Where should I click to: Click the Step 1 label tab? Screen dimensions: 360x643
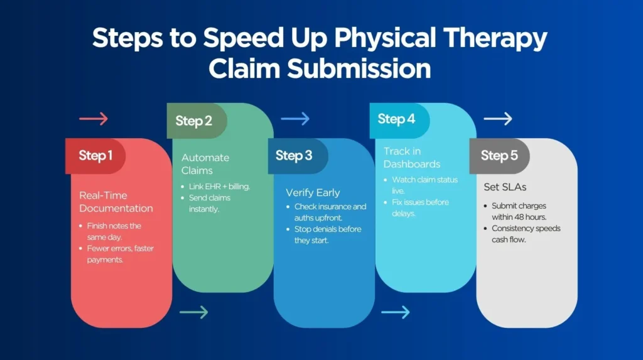coord(95,156)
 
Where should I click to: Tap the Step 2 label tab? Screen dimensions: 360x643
coord(194,121)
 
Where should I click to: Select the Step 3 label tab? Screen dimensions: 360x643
coord(294,156)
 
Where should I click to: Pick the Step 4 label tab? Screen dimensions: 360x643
coord(396,119)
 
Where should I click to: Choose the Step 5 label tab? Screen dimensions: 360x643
coord(499,156)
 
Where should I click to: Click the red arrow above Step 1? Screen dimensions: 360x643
coord(94,119)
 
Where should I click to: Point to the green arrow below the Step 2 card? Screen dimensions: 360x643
coord(193,312)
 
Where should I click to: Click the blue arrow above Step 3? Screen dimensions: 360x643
coord(295,119)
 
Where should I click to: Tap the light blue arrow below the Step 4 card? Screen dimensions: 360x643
coord(395,312)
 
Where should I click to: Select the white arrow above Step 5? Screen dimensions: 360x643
coord(498,119)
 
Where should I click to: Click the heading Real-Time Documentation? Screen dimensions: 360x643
coord(116,202)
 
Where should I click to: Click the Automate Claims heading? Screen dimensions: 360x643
coord(205,163)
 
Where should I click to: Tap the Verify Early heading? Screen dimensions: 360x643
coord(312,193)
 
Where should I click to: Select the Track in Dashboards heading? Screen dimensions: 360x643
coord(412,158)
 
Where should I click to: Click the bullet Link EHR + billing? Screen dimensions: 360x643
coord(217,187)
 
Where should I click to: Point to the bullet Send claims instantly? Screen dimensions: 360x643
coord(211,204)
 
